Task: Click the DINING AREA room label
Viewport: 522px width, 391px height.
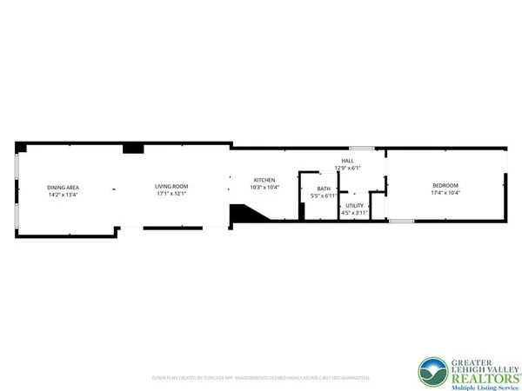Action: [64, 187]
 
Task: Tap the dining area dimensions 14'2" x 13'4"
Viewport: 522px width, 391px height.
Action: [64, 195]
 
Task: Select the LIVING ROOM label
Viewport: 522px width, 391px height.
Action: [171, 187]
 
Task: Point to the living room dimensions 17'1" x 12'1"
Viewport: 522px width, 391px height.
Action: [171, 195]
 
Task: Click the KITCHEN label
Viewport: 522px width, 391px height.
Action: [264, 179]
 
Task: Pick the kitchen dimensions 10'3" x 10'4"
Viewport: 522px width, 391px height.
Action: [264, 187]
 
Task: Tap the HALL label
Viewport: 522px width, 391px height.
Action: [347, 161]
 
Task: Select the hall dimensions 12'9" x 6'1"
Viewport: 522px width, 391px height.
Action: [347, 169]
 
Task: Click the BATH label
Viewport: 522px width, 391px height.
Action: [324, 189]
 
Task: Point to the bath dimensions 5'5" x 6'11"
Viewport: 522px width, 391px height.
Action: [324, 196]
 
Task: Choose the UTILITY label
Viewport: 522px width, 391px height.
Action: [355, 205]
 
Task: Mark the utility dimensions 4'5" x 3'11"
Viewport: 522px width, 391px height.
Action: [355, 213]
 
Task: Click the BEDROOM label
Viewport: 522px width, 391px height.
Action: [445, 185]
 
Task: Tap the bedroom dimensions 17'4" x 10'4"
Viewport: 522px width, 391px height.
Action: [445, 193]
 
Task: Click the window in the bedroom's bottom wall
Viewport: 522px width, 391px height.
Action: [401, 222]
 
